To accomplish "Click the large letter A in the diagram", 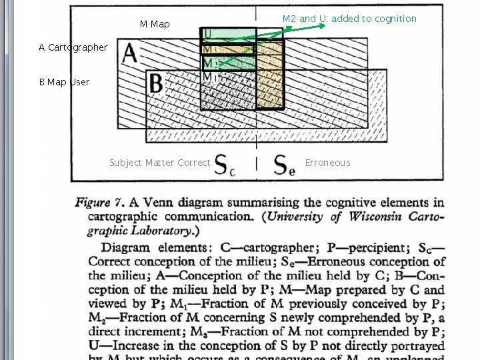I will [x=130, y=53].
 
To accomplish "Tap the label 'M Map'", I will [x=155, y=24].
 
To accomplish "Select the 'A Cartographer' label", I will [x=73, y=47].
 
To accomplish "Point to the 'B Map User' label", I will [x=64, y=82].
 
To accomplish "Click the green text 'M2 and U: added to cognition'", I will [x=349, y=19].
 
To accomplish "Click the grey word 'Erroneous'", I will [x=327, y=163].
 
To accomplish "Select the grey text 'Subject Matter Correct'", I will [x=159, y=163].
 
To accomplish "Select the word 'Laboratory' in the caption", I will [x=157, y=231].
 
